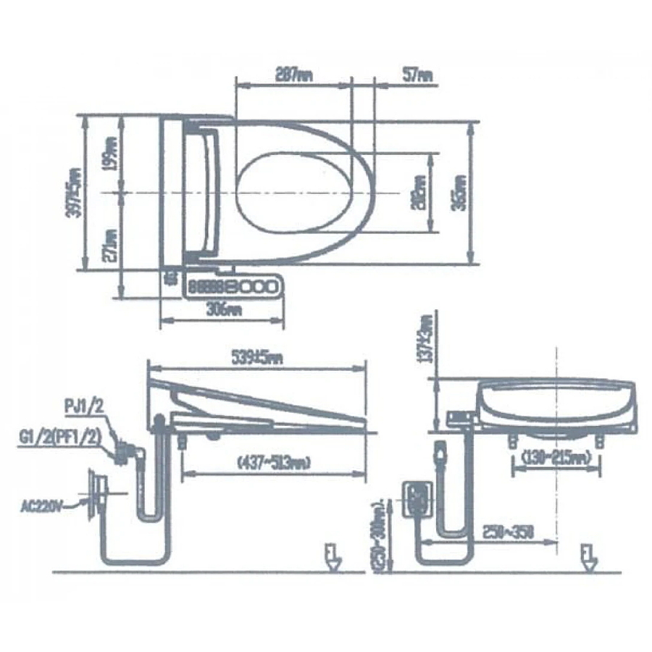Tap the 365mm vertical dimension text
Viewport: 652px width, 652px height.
coord(459,191)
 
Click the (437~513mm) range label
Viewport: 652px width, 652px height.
coord(268,462)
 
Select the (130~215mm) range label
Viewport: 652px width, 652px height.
coord(556,458)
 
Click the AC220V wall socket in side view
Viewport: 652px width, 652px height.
coord(95,493)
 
